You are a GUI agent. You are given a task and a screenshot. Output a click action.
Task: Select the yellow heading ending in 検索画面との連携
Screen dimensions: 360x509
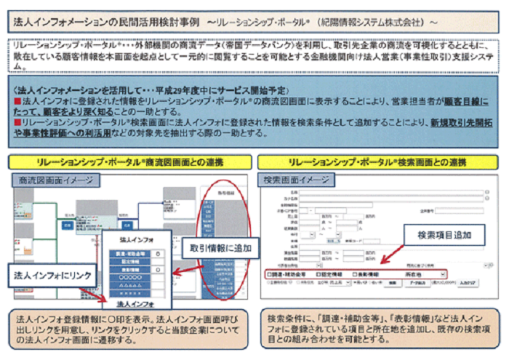378,161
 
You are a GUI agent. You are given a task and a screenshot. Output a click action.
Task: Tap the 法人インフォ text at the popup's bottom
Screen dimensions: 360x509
136,303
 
